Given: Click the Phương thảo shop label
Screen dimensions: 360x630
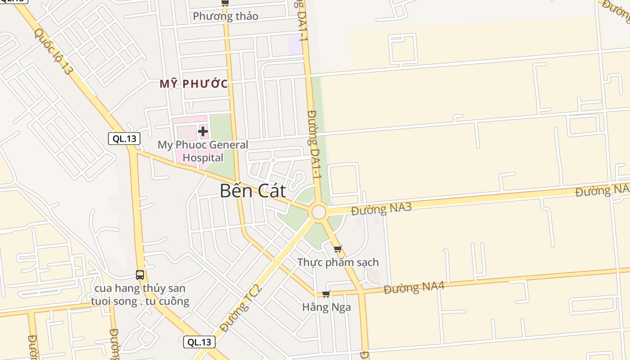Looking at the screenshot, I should point(225,16).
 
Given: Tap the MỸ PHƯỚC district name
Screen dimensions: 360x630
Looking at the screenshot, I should point(193,84).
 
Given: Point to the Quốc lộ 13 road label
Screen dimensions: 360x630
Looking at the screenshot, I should point(53,51).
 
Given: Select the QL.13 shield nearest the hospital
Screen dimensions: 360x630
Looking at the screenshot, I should point(124,139).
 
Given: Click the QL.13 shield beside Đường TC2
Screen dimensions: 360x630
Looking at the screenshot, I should point(199,342).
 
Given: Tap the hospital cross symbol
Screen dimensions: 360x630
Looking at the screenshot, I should point(203,131).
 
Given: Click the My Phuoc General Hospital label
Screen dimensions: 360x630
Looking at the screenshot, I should point(202,151).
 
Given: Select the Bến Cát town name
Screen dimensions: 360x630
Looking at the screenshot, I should point(252,191).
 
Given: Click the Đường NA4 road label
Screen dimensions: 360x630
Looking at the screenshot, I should point(414,287).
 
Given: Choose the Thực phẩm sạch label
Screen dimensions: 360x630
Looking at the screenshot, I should point(338,262).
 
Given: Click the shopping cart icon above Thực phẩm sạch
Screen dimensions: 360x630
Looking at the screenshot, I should point(338,248).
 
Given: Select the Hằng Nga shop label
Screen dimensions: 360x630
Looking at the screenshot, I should point(327,307).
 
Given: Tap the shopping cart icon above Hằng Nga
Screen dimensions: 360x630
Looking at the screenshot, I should point(326,294).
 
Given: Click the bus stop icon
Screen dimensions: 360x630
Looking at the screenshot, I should point(140,274).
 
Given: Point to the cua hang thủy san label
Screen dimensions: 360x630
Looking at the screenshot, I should point(140,295).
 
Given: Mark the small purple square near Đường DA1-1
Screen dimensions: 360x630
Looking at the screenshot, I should point(295,45).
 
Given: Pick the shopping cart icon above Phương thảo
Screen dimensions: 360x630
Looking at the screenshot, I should point(225,3).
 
